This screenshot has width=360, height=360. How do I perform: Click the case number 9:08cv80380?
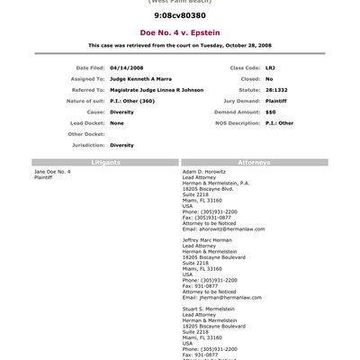click(179, 15)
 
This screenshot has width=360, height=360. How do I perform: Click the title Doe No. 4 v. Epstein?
click(179, 31)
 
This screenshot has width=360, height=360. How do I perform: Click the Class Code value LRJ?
click(270, 67)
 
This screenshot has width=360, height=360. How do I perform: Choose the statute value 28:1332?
click(275, 89)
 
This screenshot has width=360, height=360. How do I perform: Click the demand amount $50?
click(270, 111)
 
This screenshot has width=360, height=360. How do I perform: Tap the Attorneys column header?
click(255, 162)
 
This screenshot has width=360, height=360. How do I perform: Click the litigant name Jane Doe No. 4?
click(52, 171)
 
